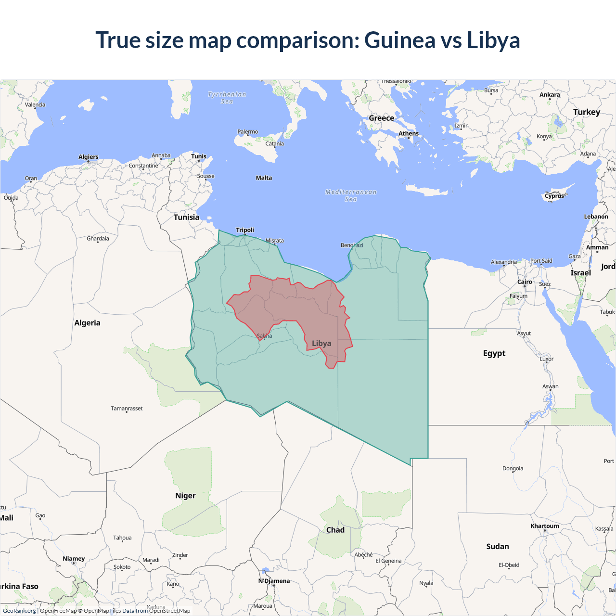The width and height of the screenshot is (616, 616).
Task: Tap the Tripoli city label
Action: [245, 230]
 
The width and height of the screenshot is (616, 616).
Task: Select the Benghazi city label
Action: [352, 245]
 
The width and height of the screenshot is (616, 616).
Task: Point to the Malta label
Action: [264, 178]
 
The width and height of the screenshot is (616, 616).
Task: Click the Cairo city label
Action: [525, 282]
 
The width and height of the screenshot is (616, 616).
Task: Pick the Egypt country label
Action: [494, 353]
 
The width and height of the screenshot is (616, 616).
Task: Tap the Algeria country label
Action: [87, 323]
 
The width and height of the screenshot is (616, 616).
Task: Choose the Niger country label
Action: [185, 496]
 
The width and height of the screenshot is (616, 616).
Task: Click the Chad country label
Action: [335, 530]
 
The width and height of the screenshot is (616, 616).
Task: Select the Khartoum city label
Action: [545, 526]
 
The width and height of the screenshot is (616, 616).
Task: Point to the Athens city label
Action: [409, 134]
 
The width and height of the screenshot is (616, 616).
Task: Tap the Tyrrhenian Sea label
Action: [227, 98]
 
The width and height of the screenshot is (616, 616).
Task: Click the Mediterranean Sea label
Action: [351, 195]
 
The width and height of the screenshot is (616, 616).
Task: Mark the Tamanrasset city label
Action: [127, 409]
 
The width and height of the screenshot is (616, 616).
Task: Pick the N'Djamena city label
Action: [274, 581]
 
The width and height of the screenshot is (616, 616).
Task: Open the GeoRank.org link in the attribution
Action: [19, 611]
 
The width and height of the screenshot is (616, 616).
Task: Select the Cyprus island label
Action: [554, 196]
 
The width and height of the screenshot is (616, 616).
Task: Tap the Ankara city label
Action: [550, 95]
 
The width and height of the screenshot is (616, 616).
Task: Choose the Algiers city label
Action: [89, 157]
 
